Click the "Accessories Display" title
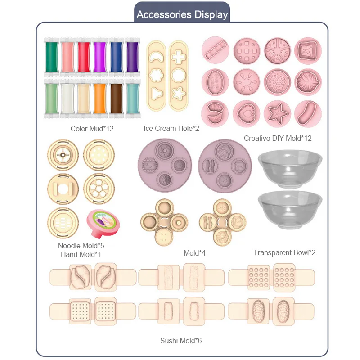click(182, 14)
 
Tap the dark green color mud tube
click(51, 57)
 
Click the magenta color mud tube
click(99, 57)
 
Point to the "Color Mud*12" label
click(92, 129)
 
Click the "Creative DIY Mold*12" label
click(278, 138)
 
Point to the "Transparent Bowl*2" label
click(284, 252)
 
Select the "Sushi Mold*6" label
click(180, 340)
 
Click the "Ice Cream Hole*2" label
click(171, 128)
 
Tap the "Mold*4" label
click(194, 253)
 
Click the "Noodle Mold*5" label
click(81, 246)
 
